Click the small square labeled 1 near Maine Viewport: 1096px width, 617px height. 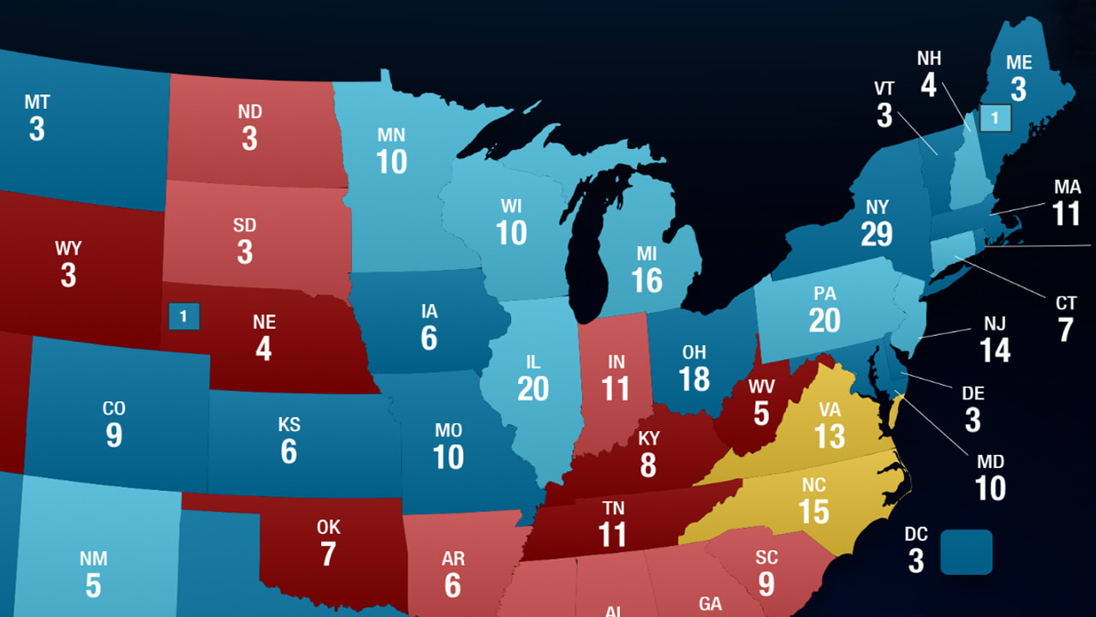[x=995, y=117]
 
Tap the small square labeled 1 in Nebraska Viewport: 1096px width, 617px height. [x=183, y=316]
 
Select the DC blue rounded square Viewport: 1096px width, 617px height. [x=967, y=552]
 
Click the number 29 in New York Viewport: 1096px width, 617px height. [x=877, y=234]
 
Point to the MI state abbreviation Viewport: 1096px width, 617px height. [x=646, y=254]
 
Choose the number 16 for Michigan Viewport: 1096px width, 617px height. [x=646, y=280]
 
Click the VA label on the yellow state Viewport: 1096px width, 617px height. [x=829, y=409]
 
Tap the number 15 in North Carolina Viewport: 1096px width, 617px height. [x=813, y=512]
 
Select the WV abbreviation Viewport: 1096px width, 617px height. [x=761, y=386]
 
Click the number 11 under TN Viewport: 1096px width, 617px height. [x=612, y=535]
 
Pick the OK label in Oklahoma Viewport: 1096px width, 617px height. [x=328, y=527]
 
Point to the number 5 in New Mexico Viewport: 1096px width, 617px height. [x=92, y=586]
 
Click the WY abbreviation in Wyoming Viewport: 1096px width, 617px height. [x=68, y=249]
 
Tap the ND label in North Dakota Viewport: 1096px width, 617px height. [x=249, y=112]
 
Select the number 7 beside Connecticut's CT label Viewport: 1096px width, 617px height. [x=1065, y=330]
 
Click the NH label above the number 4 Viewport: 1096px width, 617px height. [x=929, y=58]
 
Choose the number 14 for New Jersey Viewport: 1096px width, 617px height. [x=995, y=350]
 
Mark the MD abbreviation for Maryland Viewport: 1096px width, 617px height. [x=990, y=462]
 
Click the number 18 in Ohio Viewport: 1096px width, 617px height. [x=694, y=379]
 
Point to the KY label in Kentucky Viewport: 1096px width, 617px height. [x=648, y=440]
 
